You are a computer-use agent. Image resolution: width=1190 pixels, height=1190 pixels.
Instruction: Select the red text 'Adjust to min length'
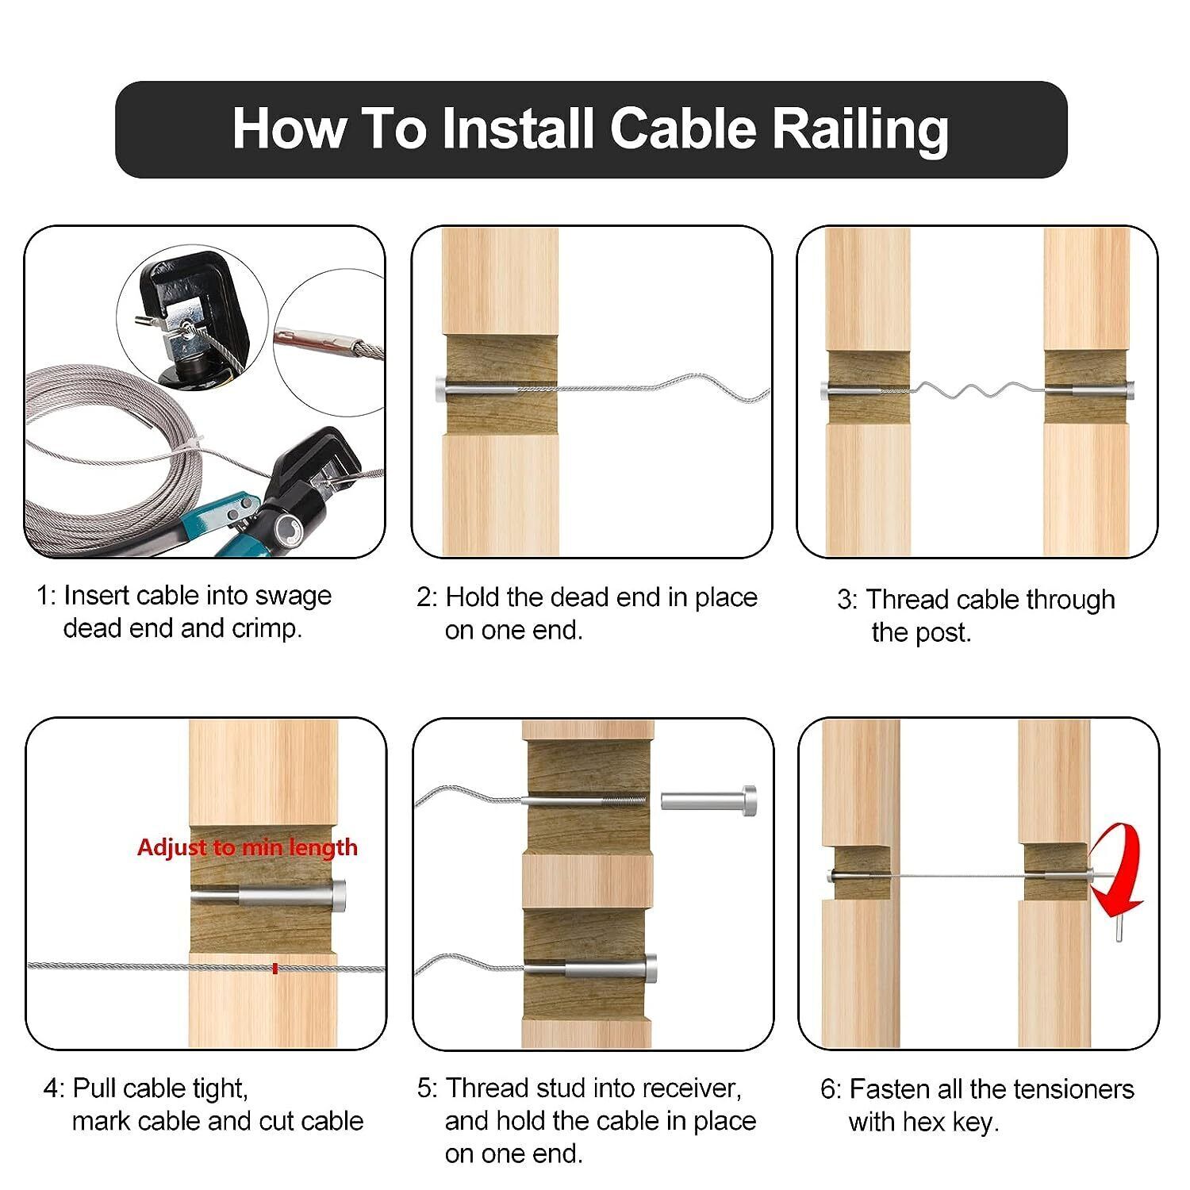pyautogui.click(x=248, y=847)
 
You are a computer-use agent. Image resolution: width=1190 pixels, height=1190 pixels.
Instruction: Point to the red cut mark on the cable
pyautogui.click(x=274, y=968)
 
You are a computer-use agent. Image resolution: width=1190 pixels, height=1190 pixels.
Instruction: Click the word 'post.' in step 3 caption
pyautogui.click(x=942, y=632)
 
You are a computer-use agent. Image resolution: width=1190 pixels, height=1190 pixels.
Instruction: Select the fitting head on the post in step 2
pyautogui.click(x=441, y=390)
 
